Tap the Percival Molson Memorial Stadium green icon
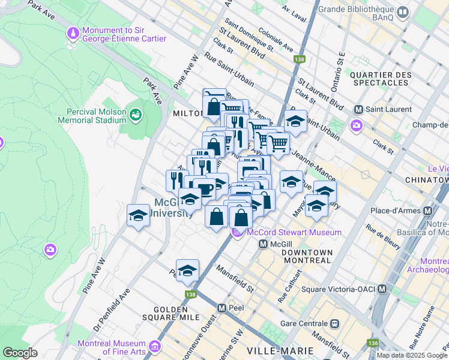click(136, 113)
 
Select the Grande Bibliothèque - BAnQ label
click(357, 14)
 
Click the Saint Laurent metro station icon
click(359, 109)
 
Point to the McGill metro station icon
click(263, 244)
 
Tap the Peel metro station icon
click(221, 308)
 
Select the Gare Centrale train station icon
click(334, 323)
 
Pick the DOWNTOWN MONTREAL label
click(306, 256)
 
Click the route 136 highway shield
click(373, 343)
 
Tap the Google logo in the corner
click(20, 353)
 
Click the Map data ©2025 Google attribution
click(412, 355)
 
